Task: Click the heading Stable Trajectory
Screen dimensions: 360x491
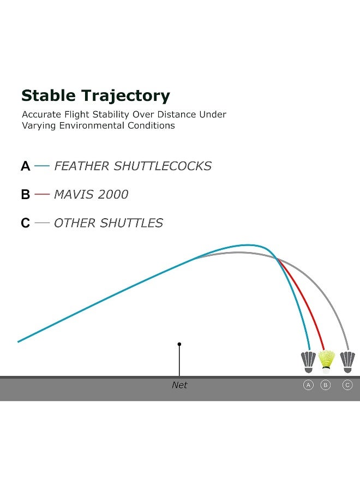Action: tap(95, 96)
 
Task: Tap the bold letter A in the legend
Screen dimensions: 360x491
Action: tap(25, 166)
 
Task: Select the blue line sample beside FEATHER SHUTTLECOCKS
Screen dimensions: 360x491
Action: tap(42, 166)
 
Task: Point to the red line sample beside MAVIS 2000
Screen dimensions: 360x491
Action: tap(42, 194)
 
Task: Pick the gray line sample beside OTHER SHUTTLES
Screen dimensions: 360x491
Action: tap(42, 223)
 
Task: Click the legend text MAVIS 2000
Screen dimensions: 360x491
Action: tap(91, 194)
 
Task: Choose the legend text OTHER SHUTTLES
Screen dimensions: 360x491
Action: tap(109, 223)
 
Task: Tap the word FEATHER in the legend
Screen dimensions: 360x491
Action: tap(81, 166)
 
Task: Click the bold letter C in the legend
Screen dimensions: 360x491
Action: tap(25, 223)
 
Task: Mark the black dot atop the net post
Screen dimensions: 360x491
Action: tap(179, 344)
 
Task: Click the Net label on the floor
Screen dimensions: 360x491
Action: tap(179, 385)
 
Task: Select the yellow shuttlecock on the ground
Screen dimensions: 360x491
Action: tap(326, 362)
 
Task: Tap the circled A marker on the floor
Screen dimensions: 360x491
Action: tap(308, 385)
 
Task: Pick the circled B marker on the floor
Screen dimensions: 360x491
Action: tap(326, 385)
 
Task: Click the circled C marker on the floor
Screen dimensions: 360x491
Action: tap(347, 385)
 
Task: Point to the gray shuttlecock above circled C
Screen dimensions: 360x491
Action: tap(347, 362)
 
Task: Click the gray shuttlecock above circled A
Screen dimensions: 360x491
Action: tap(308, 362)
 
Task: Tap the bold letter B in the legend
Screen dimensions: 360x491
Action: tap(25, 194)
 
